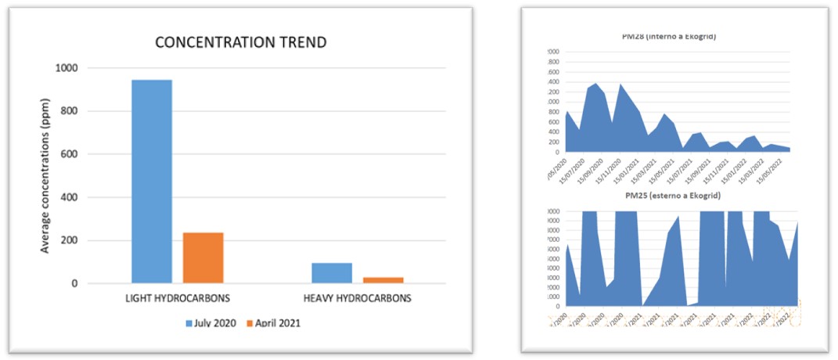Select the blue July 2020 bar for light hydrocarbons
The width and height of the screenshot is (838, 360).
click(152, 181)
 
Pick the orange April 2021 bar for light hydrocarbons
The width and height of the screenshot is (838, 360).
click(203, 257)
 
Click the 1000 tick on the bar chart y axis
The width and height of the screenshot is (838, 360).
click(67, 69)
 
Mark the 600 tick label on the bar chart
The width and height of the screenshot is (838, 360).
click(70, 155)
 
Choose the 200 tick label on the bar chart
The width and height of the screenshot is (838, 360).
click(70, 241)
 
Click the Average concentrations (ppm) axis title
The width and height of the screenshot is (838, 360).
click(45, 175)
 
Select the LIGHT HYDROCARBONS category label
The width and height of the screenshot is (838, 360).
click(178, 298)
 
